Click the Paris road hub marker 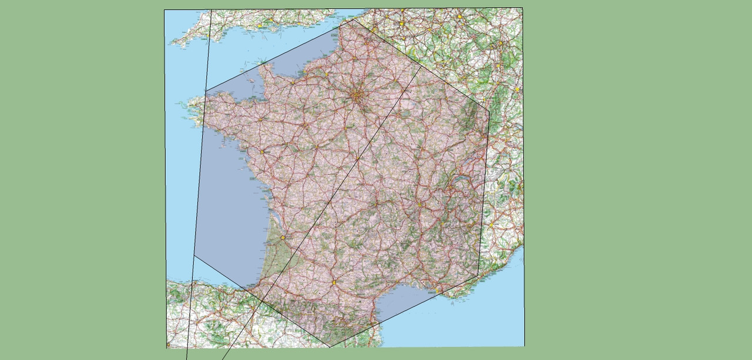[357, 94]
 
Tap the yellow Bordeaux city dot [283, 238]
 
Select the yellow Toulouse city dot [334, 282]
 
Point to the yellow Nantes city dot [261, 152]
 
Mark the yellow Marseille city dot [437, 290]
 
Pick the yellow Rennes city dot [260, 120]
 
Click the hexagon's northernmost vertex [353, 19]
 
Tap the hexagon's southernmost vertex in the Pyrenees [329, 347]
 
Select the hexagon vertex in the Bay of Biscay [194, 255]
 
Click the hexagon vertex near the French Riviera [478, 274]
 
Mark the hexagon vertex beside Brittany [206, 91]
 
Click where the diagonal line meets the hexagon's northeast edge [421, 66]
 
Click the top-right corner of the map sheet [522, 8]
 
